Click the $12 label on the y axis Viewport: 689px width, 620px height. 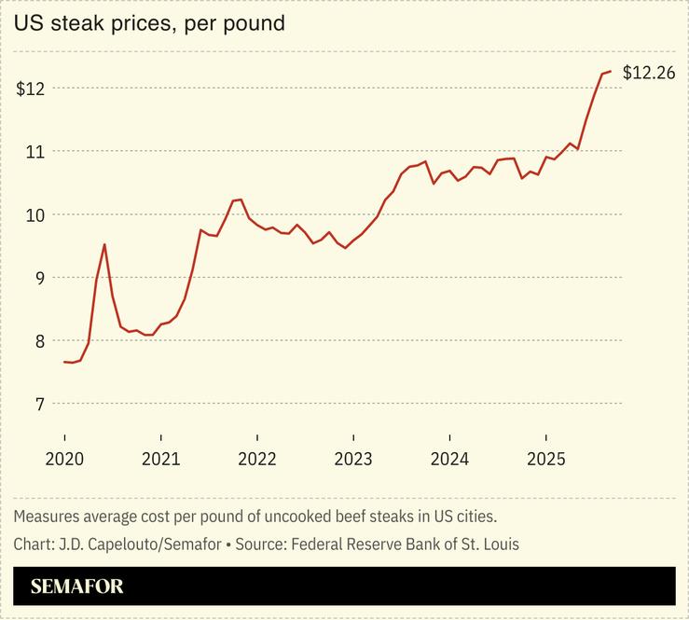point(32,89)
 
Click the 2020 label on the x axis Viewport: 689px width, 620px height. point(64,459)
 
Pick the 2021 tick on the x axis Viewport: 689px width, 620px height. point(160,459)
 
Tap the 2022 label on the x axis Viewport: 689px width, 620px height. point(256,459)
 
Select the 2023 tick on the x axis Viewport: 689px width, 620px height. point(352,459)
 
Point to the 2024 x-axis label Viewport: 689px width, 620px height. point(449,459)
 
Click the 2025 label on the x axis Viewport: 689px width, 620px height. point(545,459)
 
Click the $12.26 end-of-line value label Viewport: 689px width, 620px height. point(648,73)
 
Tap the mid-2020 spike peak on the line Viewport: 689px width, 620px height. point(104,244)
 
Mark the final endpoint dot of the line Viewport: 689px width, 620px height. point(610,72)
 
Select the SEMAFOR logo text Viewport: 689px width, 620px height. point(76,586)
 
